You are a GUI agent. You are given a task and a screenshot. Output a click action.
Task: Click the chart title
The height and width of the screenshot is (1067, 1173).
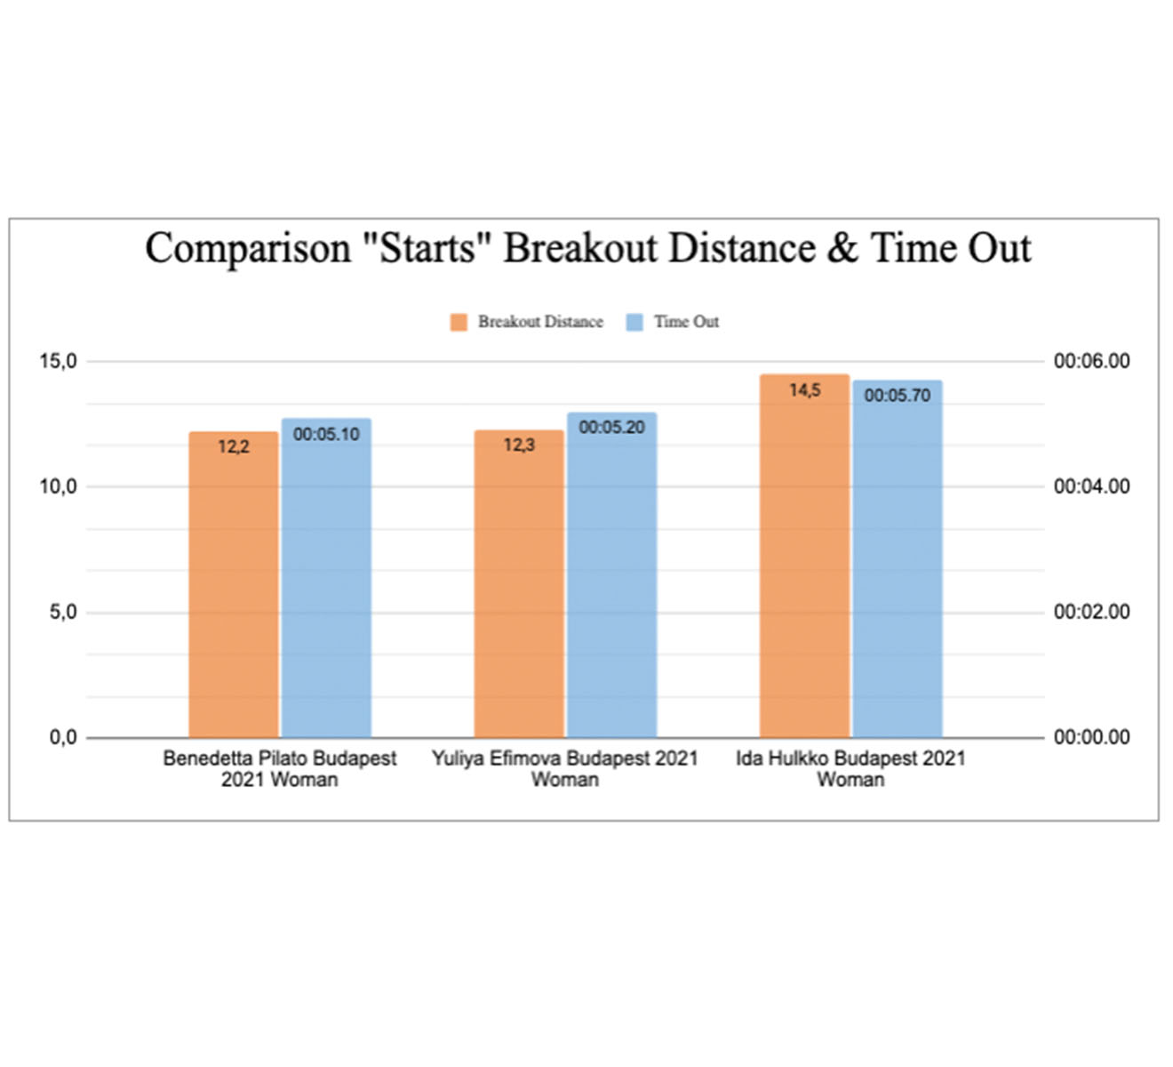point(587,248)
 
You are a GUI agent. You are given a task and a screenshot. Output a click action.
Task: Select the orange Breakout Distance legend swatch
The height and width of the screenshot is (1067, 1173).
point(459,322)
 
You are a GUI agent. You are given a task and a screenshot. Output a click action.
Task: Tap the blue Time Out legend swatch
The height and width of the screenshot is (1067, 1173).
point(634,322)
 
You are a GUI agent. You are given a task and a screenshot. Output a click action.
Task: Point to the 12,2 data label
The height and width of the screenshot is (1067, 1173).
point(234,447)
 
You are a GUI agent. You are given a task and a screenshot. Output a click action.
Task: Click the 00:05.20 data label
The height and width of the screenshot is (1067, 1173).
point(611,428)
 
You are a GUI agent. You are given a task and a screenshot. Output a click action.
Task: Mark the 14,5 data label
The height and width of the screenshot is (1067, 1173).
point(804,390)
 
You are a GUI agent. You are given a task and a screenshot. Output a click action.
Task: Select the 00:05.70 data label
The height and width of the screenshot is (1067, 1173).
point(898,396)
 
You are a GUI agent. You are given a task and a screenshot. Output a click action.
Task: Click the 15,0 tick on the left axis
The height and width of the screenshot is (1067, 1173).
point(59,361)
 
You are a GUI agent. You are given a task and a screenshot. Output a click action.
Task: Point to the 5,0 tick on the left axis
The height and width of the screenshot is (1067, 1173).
point(62,612)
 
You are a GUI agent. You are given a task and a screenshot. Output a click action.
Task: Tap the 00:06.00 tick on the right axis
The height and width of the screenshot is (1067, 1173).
point(1091,361)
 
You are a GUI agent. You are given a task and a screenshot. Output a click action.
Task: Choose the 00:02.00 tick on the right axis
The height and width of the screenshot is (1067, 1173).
point(1091,612)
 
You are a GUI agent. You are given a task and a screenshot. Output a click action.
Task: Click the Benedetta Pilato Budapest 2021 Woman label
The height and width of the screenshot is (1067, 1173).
point(280,769)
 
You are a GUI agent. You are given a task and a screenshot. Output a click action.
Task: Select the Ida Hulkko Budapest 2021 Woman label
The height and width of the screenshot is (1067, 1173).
point(850,769)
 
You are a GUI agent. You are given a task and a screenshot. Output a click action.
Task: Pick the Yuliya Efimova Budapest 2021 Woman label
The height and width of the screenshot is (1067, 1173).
point(565,769)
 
